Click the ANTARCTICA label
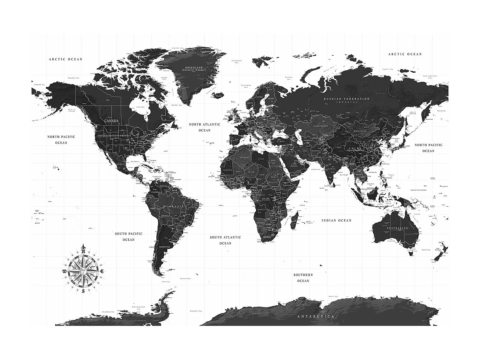pyautogui.click(x=316, y=316)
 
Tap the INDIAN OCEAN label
pyautogui.click(x=336, y=220)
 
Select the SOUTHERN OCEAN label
pyautogui.click(x=303, y=278)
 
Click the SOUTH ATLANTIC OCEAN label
pyautogui.click(x=225, y=240)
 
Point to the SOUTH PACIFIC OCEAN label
pyautogui.click(x=129, y=236)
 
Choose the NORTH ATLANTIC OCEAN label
pyautogui.click(x=204, y=127)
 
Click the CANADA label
pyautogui.click(x=111, y=121)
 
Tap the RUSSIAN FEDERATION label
pyautogui.click(x=347, y=99)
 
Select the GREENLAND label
pyautogui.click(x=194, y=68)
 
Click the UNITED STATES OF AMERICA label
pyautogui.click(x=114, y=136)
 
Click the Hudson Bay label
pyautogui.click(x=140, y=107)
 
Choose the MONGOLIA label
pyautogui.click(x=360, y=131)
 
